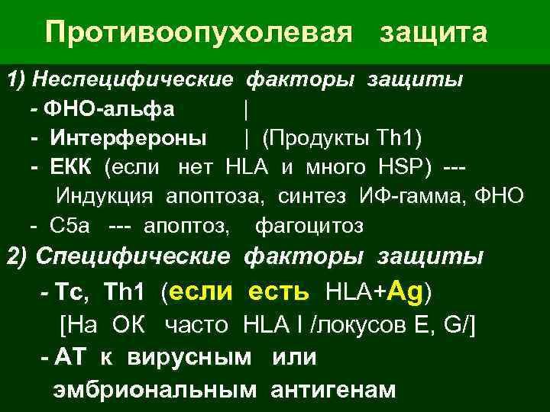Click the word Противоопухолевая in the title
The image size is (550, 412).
pyautogui.click(x=199, y=33)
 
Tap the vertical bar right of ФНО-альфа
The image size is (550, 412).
pyautogui.click(x=245, y=111)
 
